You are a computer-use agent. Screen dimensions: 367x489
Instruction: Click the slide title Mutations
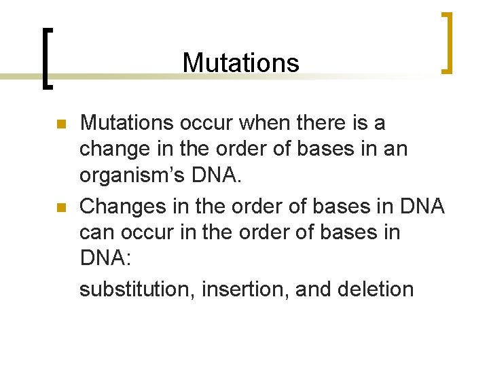(x=240, y=63)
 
